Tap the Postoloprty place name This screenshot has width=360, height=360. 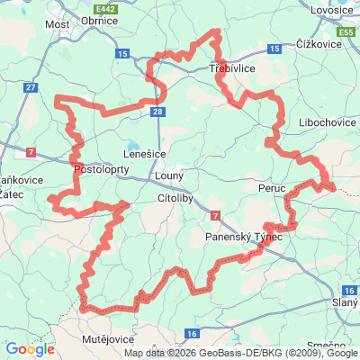tap(103, 169)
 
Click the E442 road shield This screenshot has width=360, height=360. tap(108, 6)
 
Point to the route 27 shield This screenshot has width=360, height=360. tap(31, 87)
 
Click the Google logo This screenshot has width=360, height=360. tap(30, 348)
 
